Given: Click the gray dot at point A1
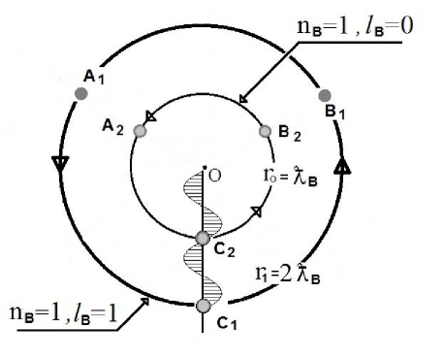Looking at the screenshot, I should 81,94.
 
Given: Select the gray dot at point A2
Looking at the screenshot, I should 140,130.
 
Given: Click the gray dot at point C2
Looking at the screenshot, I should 202,239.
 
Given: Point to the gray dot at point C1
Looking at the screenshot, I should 202,306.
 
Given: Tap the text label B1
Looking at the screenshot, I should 336,114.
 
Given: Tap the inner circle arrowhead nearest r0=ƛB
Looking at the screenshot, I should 255,212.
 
